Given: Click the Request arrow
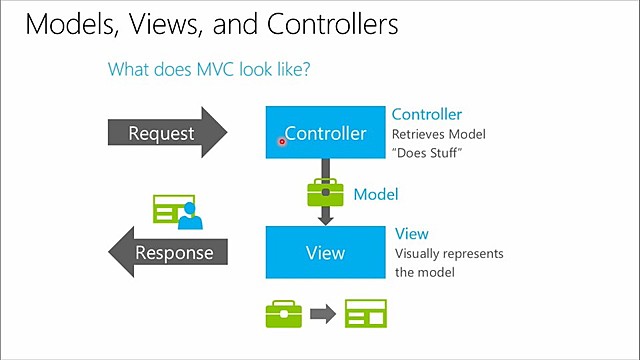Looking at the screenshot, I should click(x=165, y=133).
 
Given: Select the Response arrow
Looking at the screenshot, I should click(x=170, y=252).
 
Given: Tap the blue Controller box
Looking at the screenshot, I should click(x=325, y=132).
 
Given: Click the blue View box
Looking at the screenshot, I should click(x=325, y=252).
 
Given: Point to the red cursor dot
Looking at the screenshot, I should click(x=282, y=142).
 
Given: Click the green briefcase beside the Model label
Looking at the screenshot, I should click(x=325, y=192).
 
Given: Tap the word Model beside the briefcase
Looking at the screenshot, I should click(x=376, y=194).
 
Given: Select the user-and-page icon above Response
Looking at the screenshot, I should click(x=177, y=211).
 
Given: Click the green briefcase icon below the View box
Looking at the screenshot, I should click(x=283, y=314).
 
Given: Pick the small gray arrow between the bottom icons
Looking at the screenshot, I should click(x=322, y=314).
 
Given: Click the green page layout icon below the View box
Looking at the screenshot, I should click(x=364, y=314).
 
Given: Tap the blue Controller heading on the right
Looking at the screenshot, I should click(x=427, y=115).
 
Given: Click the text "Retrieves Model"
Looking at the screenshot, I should click(x=438, y=134).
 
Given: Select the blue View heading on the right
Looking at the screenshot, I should click(x=412, y=234).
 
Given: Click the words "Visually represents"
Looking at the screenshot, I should click(x=449, y=254).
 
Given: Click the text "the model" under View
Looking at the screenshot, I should click(x=425, y=272).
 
